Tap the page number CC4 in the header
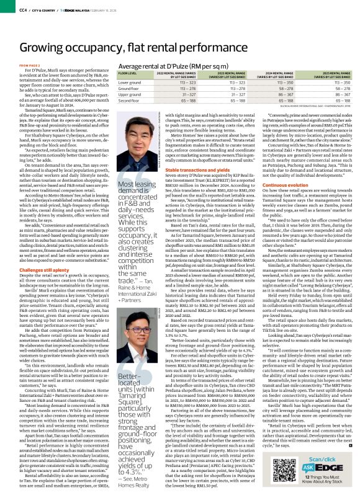click(x=7, y=9)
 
